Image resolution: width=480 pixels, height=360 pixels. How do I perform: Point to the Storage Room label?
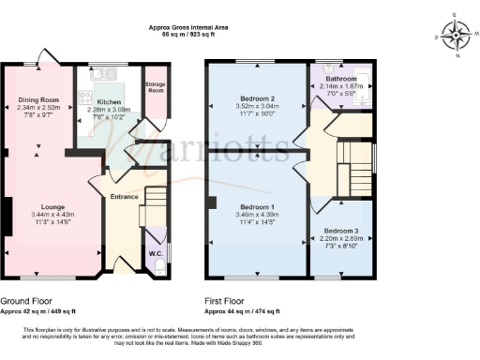point(156,87)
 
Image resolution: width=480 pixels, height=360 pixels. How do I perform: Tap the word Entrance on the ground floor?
point(125,197)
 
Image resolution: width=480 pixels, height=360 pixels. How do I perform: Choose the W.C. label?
point(157,253)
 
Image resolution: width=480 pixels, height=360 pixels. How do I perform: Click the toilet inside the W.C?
point(158,267)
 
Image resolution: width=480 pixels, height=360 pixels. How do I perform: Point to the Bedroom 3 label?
point(341,231)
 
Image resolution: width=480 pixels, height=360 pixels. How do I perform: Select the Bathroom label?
point(340,79)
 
